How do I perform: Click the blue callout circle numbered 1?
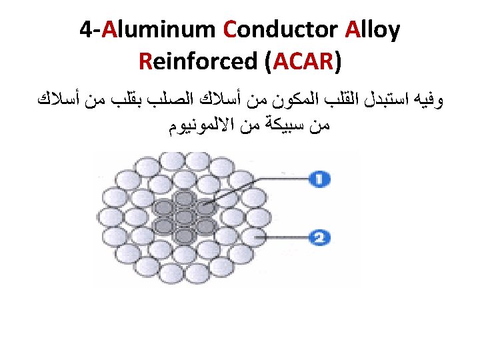pyautogui.click(x=320, y=179)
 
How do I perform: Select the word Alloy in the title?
pyautogui.click(x=373, y=31)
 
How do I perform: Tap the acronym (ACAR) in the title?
pyautogui.click(x=303, y=61)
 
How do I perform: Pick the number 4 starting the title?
pyautogui.click(x=85, y=31)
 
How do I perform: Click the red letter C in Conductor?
pyautogui.click(x=231, y=31)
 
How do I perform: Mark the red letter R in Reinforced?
pyautogui.click(x=146, y=61)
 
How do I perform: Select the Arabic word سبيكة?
pyautogui.click(x=277, y=124)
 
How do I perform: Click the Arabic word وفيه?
pyautogui.click(x=430, y=101)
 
